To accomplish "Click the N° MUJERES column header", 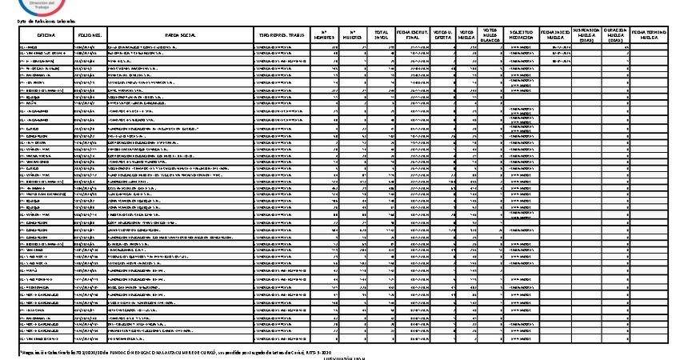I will [x=352, y=36].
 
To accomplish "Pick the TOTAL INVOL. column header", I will [x=381, y=36].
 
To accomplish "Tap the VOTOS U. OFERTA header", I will [x=444, y=36].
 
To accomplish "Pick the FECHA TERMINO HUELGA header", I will [x=649, y=36].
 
